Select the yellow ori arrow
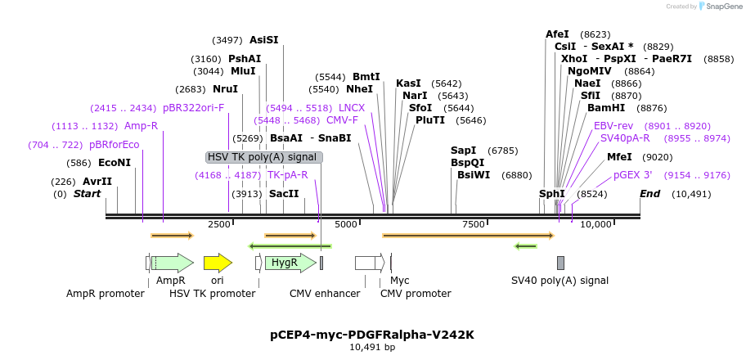tap(218, 263)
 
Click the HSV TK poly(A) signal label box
tap(264, 157)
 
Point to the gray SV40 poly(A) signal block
tap(560, 263)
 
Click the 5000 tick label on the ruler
tap(347, 224)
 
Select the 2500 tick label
tap(219, 224)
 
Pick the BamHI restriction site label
tap(605, 107)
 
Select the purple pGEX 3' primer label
tap(633, 175)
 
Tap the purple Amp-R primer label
tap(141, 126)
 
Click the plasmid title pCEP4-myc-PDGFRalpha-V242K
tap(372, 334)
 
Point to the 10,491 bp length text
tap(372, 348)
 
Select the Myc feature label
tap(400, 281)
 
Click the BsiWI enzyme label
tap(472, 175)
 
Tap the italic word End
tap(649, 194)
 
